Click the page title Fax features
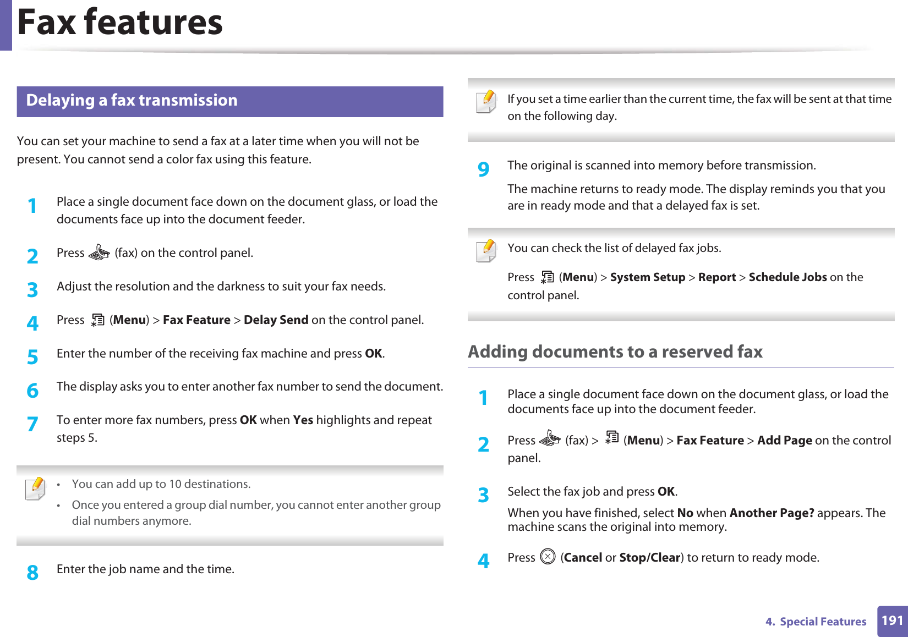coord(120,23)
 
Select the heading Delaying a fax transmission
coord(132,101)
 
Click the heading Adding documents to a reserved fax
coord(615,352)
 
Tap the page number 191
coord(892,621)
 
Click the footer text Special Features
coord(823,622)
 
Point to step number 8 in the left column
coord(32,573)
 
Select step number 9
coord(483,169)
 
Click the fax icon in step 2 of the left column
coord(99,252)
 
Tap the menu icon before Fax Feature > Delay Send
coord(97,320)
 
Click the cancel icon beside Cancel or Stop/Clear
coord(548,557)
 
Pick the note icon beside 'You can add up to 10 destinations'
coord(35,488)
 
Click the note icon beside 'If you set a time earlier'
coord(486,102)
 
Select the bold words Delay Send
coord(276,320)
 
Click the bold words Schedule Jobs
coord(787,277)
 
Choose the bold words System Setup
coord(647,277)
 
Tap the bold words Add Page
coord(784,441)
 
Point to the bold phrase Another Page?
coord(772,513)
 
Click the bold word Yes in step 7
coord(303,420)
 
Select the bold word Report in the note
coord(716,277)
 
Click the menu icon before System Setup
coord(547,277)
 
